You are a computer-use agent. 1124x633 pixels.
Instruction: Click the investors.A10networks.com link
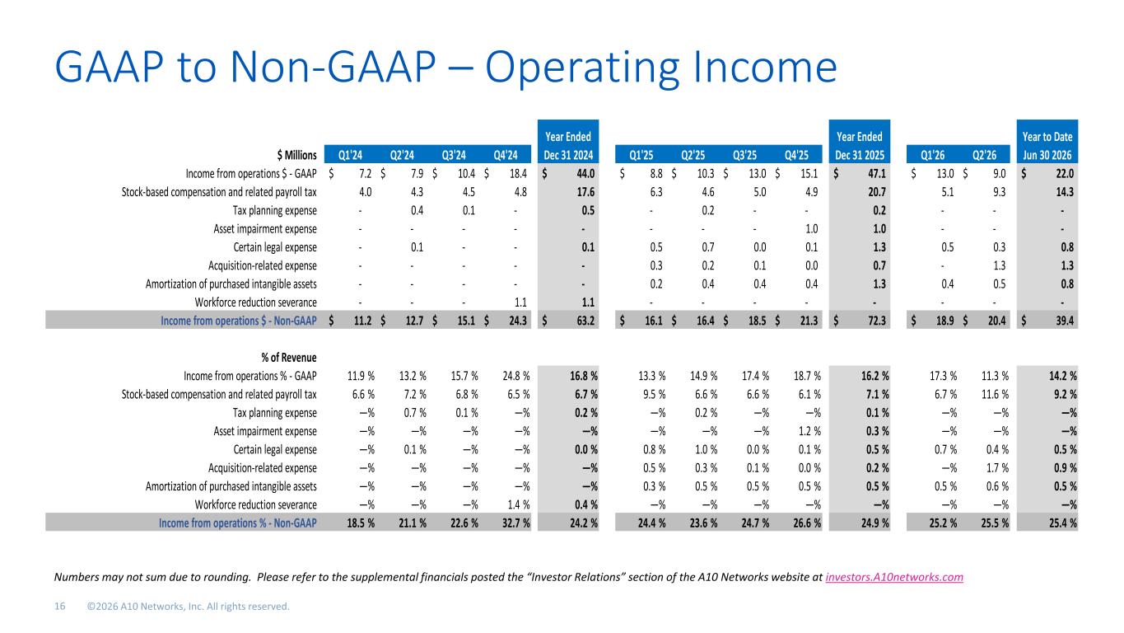[x=894, y=577]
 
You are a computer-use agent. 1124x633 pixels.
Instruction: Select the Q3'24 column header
[x=454, y=155]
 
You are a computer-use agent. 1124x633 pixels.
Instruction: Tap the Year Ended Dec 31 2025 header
[x=859, y=146]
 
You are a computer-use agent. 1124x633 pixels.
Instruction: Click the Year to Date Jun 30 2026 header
[x=1047, y=146]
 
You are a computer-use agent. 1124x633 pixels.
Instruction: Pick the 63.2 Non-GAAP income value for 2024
[x=585, y=321]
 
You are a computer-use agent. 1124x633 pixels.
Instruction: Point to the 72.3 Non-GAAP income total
[x=877, y=321]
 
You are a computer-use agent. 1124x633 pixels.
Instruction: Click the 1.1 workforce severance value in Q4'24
[x=520, y=302]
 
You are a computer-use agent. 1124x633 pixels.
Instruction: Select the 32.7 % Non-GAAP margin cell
[x=515, y=523]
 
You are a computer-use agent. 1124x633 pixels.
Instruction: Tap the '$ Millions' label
[x=296, y=155]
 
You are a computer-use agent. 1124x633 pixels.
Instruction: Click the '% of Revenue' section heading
[x=288, y=358]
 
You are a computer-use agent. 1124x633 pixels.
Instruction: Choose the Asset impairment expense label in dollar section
[x=265, y=229]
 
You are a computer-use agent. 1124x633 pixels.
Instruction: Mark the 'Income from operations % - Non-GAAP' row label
[x=237, y=523]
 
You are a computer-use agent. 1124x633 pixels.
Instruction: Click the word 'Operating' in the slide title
[x=582, y=68]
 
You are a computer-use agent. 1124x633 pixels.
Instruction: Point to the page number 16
[x=60, y=607]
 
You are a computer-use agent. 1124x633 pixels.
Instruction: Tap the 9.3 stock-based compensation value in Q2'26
[x=999, y=192]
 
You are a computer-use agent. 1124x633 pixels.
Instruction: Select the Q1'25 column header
[x=641, y=155]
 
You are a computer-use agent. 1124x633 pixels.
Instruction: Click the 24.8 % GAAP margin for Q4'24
[x=515, y=376]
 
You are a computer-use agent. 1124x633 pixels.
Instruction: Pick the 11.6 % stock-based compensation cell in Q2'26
[x=995, y=394]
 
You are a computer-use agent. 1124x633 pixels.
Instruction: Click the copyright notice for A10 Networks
[x=189, y=607]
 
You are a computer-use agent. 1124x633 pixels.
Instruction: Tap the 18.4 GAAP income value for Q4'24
[x=518, y=174]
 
